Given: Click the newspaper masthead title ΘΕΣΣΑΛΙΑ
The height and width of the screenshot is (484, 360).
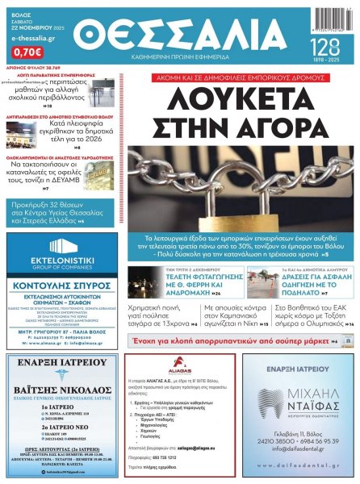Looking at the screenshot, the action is coord(184,38).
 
